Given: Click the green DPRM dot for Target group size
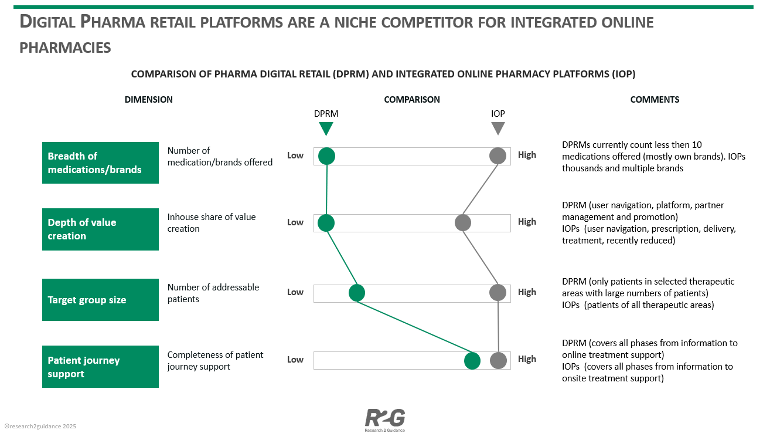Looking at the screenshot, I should pos(356,293).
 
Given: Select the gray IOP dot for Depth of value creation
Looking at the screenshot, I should pos(463,223).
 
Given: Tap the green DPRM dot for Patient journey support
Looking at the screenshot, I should pos(472,361).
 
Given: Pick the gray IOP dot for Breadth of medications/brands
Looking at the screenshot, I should pos(498,155).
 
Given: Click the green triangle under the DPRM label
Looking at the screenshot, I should pos(326,128).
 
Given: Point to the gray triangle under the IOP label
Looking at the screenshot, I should pos(498,128).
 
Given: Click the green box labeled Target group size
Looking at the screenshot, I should pos(100,300).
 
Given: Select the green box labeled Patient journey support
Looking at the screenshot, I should pos(100,367).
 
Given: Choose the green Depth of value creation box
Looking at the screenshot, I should pos(100,229).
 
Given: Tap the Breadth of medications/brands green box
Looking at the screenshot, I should pos(100,163).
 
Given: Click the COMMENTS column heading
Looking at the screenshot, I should pos(655,100).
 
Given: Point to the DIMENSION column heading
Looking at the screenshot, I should pos(149,100).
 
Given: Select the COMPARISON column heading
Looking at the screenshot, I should pos(412,100).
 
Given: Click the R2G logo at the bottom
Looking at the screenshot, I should pos(385,419).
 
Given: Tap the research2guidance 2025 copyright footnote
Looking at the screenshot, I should pos(40,427).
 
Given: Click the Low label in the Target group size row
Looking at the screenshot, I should pos(295,292).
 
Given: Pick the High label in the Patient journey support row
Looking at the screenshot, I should pos(527,359).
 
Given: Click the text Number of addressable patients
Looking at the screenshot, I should pos(213,293).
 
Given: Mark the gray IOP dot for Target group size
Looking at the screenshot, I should pos(498,292).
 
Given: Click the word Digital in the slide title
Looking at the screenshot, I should pos(47,22).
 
